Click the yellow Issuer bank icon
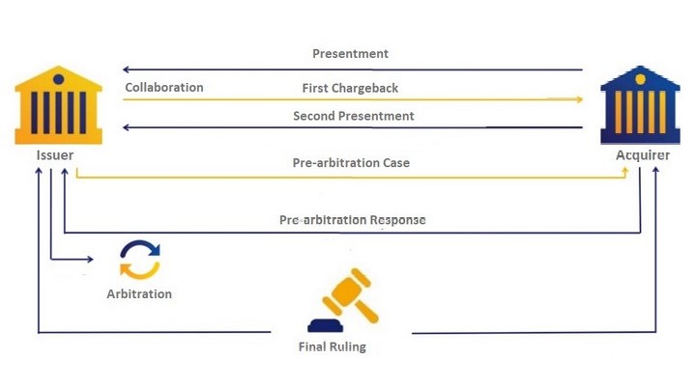[59, 105]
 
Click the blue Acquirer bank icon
[640, 105]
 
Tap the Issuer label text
[55, 155]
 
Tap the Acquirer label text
[643, 155]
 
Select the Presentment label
[350, 54]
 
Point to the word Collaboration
[164, 87]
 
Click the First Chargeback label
[350, 88]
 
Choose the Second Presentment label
[354, 116]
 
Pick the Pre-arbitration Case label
[351, 163]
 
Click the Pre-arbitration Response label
[353, 220]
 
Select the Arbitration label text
[139, 293]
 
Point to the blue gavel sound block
[326, 326]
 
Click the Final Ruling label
[333, 346]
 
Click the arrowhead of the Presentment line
[126, 69]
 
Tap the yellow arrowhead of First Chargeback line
[580, 99]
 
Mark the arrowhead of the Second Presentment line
[126, 127]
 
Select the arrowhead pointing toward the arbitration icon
[91, 259]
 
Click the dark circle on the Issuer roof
[58, 79]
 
